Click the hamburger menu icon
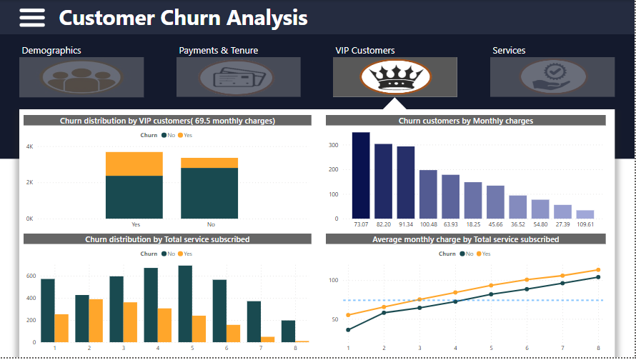coord(32,18)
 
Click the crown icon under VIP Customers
coord(395,76)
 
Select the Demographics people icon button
coord(81,77)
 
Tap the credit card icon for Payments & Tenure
coord(238,77)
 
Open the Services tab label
coord(509,51)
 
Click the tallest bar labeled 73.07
coord(361,175)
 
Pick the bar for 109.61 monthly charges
coord(585,214)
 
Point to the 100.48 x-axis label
coord(428,224)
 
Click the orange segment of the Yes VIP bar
coord(134,164)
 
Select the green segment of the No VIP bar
coord(209,193)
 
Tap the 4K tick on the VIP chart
coord(29,146)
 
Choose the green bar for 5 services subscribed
coord(185,304)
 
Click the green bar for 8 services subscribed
coord(288,331)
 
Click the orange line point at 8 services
coord(597,270)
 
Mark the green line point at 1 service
coord(348,330)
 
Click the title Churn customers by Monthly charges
coord(465,121)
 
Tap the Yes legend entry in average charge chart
coord(485,254)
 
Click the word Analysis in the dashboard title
coord(267,18)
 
